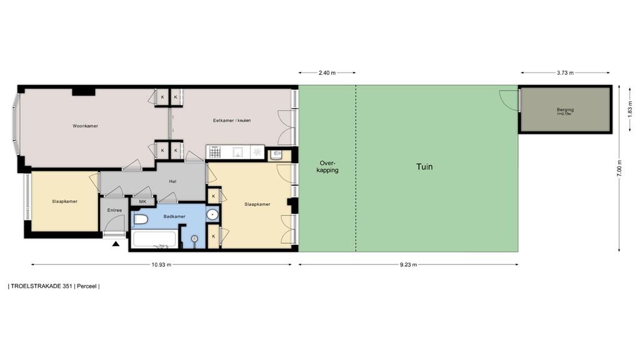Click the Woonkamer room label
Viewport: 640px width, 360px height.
point(85,126)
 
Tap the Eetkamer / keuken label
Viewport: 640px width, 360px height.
point(231,121)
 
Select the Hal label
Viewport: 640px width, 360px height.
point(172,182)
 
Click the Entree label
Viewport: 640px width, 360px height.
point(114,210)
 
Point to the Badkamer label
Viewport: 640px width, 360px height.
point(174,217)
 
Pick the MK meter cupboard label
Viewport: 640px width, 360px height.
point(142,201)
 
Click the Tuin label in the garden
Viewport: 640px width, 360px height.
point(424,167)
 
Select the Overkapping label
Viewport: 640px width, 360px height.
point(327,167)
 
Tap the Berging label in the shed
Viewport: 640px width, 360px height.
point(565,111)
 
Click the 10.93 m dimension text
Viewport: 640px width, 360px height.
point(161,264)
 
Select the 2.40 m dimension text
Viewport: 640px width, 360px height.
point(327,72)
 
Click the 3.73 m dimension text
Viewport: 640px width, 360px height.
point(565,72)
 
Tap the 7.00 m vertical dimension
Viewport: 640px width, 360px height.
point(620,168)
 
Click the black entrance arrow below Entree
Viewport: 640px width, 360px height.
point(116,244)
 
